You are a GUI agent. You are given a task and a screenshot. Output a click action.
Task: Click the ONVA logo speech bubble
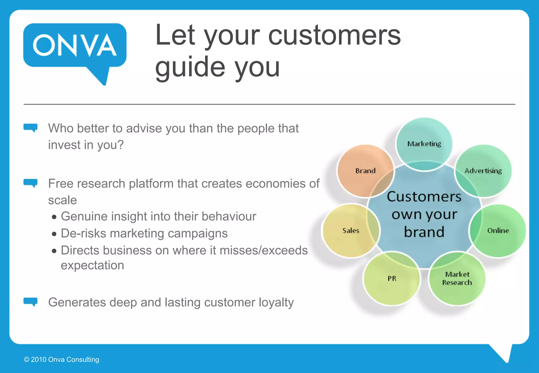(x=75, y=46)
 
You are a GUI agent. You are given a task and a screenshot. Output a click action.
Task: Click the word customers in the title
(x=334, y=36)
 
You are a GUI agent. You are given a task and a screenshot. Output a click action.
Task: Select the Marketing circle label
(x=424, y=144)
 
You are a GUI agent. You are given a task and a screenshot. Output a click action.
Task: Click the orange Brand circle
(x=365, y=171)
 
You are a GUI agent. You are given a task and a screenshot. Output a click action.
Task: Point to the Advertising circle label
(x=483, y=171)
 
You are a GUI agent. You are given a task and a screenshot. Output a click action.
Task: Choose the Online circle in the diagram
(x=498, y=231)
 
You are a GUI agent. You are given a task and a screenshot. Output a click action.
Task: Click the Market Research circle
(x=457, y=279)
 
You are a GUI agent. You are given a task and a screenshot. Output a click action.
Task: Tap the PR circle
(x=392, y=279)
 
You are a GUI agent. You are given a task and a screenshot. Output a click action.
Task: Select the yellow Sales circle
(x=351, y=231)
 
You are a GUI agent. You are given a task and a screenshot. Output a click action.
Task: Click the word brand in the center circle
(x=424, y=232)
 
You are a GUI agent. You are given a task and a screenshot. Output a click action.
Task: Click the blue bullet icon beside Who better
(x=31, y=128)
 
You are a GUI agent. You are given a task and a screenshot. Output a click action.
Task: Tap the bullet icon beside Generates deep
(x=31, y=302)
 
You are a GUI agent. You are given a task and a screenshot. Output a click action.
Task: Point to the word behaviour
(x=229, y=216)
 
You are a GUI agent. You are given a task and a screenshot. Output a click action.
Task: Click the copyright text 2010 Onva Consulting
(x=65, y=360)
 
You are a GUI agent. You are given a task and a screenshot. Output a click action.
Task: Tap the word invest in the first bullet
(x=64, y=145)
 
